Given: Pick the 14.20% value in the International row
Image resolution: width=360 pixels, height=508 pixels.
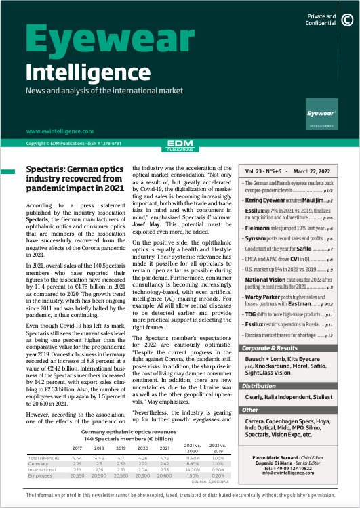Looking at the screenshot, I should tap(193, 470).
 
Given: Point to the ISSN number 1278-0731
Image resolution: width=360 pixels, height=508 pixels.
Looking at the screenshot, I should tap(125, 144).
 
